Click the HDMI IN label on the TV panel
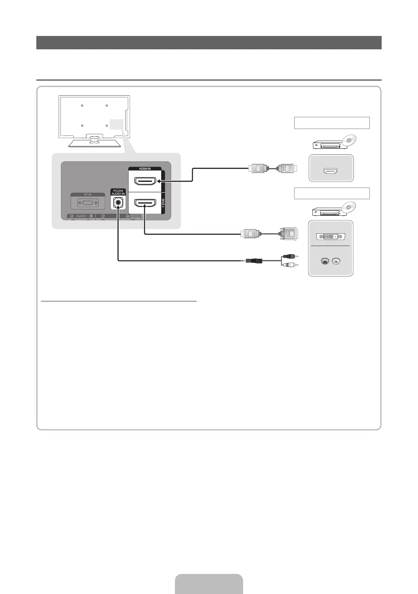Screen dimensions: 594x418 click(144, 168)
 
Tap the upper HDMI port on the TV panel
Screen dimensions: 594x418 click(144, 181)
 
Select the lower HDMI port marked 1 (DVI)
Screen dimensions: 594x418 click(144, 203)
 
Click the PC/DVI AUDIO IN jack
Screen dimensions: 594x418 click(118, 203)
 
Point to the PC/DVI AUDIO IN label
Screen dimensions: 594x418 click(118, 192)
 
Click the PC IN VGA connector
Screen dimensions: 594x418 click(88, 203)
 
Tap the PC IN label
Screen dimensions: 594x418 click(88, 195)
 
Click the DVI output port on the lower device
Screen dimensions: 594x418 click(331, 237)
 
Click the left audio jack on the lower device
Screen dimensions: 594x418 click(324, 262)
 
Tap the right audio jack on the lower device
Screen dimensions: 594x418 click(336, 262)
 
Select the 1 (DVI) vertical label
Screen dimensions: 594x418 click(163, 203)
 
